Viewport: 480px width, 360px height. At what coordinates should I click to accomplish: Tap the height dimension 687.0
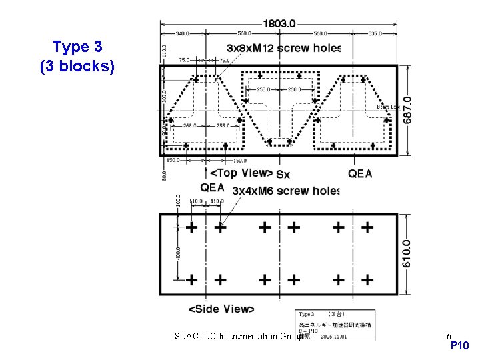pos(407,110)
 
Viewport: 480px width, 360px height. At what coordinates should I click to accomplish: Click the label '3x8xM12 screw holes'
pos(284,48)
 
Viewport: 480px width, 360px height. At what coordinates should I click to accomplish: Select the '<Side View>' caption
pos(221,309)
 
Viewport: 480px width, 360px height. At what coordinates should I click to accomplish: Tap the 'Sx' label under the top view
pos(283,175)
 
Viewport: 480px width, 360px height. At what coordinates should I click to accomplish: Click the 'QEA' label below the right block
pos(360,173)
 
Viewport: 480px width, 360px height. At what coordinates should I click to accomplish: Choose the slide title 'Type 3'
pos(77,47)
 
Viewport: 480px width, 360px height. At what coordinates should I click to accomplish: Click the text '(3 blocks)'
pos(77,67)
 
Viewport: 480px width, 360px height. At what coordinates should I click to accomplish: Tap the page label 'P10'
pos(460,346)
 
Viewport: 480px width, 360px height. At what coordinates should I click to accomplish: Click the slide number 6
pos(449,336)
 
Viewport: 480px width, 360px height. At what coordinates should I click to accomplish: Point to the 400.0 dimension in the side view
pos(178,254)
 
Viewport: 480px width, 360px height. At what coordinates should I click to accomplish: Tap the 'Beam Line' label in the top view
pos(387,107)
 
